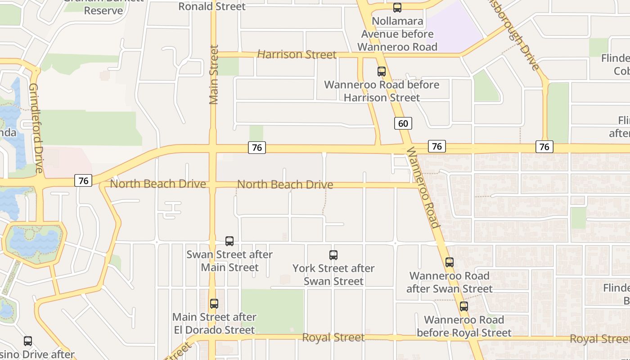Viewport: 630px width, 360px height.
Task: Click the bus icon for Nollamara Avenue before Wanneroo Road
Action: [397, 7]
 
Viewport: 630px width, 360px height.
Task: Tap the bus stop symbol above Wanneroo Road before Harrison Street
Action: [381, 71]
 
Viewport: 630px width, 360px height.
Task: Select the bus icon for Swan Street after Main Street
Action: [229, 241]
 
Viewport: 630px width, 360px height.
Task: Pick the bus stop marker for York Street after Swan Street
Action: [333, 255]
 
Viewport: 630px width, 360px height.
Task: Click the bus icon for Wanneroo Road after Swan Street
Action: [449, 262]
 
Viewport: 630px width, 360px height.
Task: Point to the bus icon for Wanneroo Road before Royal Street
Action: [463, 306]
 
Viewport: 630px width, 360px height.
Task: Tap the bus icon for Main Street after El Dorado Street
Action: [214, 304]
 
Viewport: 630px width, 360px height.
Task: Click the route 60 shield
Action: [403, 123]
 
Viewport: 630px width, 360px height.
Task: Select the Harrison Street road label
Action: [297, 54]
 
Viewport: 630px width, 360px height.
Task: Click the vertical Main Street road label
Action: [214, 74]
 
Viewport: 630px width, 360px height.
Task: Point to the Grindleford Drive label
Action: [36, 127]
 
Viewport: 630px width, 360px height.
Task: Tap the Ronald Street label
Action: [212, 6]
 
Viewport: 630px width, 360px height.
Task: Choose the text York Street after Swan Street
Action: [333, 274]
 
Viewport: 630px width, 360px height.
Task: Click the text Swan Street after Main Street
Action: [229, 261]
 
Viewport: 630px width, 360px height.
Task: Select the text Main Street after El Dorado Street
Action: [214, 323]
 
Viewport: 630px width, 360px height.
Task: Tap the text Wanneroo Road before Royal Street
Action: [464, 326]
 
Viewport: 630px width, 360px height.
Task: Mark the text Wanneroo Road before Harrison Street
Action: [382, 91]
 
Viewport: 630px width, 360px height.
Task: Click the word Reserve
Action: [103, 10]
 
